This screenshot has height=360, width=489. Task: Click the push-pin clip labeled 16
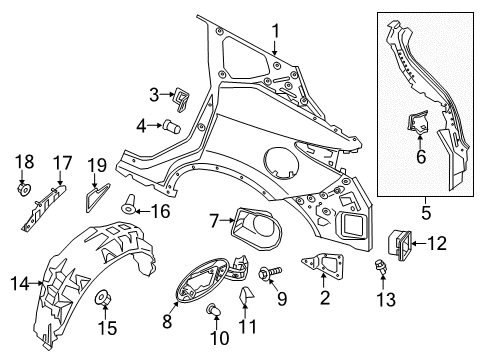pyautogui.click(x=130, y=209)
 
